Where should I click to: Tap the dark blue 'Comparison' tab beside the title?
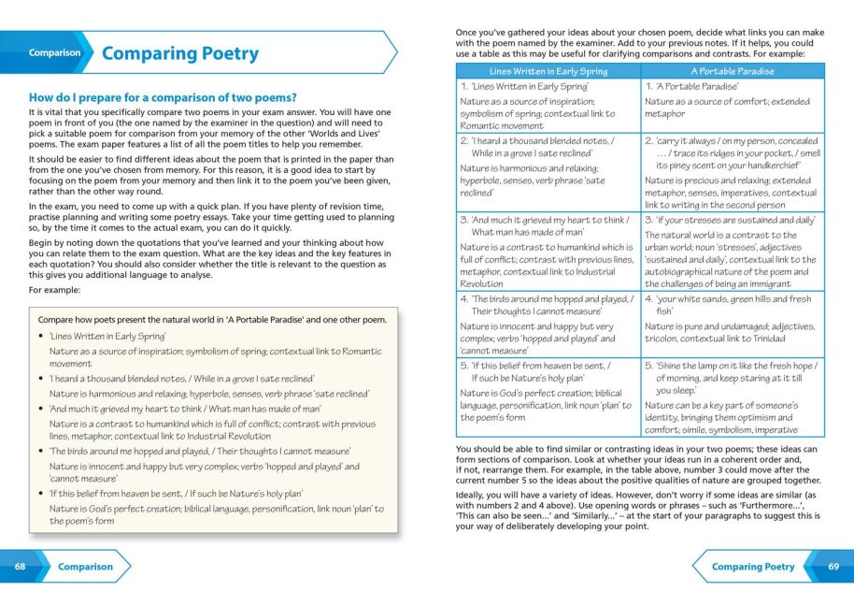(x=54, y=53)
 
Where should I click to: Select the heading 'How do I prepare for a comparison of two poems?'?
(x=164, y=97)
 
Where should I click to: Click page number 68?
(x=20, y=567)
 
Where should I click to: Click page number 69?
(x=833, y=567)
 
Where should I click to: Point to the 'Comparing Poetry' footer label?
(x=752, y=567)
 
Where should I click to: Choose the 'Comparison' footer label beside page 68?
(x=85, y=567)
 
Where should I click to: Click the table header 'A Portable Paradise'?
(x=733, y=71)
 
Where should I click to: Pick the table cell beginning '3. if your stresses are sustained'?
(x=733, y=252)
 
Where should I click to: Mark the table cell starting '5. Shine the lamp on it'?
(x=733, y=397)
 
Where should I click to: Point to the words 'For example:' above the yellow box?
(x=54, y=289)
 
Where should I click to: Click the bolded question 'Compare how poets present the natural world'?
(x=211, y=320)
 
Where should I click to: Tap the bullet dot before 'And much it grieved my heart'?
(x=41, y=410)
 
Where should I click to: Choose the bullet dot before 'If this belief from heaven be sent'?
(x=41, y=494)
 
